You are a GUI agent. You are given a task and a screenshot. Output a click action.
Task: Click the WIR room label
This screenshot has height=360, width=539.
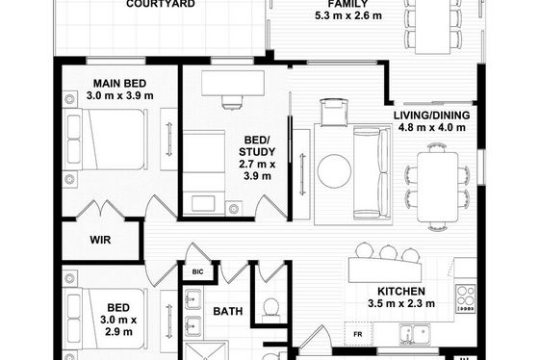click(100, 240)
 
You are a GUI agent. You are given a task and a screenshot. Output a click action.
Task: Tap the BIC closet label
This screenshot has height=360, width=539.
click(197, 272)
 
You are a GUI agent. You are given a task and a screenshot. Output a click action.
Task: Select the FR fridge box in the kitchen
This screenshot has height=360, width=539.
click(358, 334)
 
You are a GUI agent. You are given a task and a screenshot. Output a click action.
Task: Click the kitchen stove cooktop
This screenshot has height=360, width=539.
click(466, 299)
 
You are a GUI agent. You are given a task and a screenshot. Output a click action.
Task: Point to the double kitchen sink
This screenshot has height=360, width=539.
click(415, 334)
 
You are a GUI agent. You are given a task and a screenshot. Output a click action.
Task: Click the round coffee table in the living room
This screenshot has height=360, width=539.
click(334, 171)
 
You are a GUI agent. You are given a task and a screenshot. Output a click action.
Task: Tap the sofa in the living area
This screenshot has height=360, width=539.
click(372, 172)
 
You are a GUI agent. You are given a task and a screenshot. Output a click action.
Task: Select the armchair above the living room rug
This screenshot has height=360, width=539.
click(334, 112)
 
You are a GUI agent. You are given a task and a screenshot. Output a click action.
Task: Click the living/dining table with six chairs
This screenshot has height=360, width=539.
click(438, 188)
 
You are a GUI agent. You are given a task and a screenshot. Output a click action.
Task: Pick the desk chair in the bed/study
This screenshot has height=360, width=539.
click(233, 102)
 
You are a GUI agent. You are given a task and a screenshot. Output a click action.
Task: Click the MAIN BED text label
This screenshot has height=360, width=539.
click(119, 84)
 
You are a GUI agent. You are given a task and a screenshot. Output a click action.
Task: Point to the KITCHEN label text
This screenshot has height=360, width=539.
click(401, 292)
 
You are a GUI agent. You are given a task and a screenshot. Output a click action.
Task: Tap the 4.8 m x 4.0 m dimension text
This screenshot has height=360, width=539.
click(432, 128)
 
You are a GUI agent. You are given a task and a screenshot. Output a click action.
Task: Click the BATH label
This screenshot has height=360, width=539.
click(227, 311)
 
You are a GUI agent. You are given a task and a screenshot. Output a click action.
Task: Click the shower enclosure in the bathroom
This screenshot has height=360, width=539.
click(205, 350)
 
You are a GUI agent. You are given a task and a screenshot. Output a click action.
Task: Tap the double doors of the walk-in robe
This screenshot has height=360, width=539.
click(100, 209)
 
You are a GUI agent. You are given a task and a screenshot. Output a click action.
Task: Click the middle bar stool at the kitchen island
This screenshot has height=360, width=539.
click(389, 253)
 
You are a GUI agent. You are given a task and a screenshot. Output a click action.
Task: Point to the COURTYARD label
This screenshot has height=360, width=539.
click(161, 4)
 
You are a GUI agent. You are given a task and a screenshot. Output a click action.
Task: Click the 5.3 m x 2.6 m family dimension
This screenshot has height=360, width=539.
click(348, 15)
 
